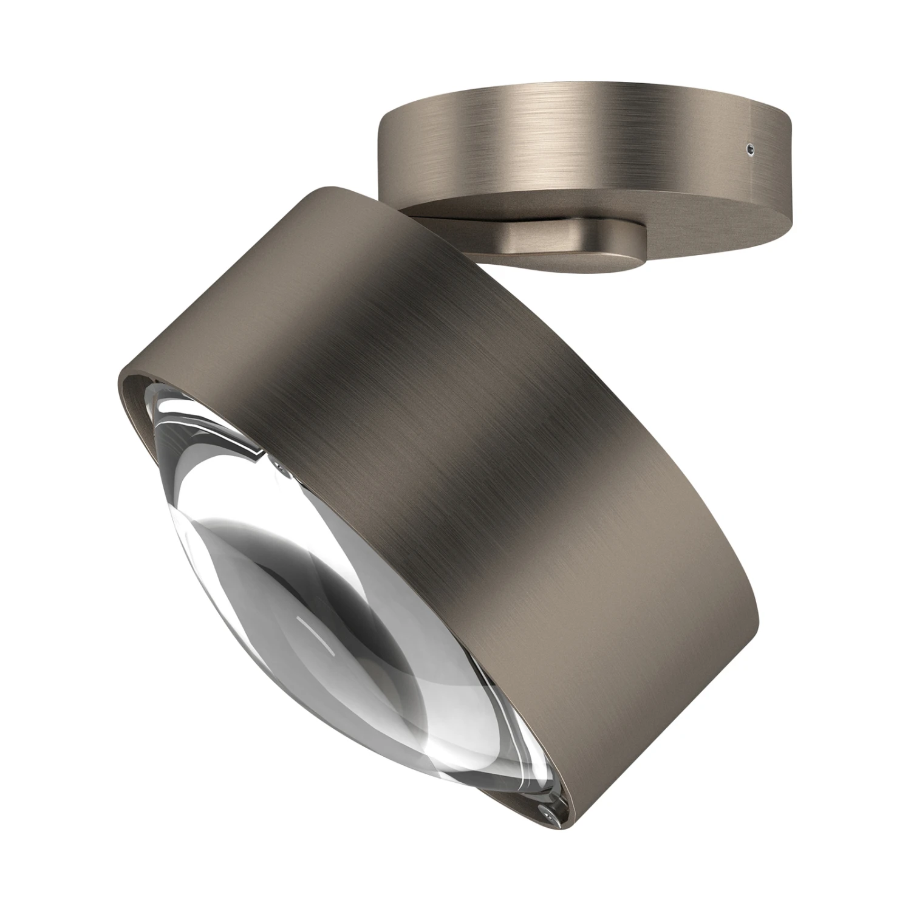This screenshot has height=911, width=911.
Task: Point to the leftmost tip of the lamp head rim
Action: [117, 389]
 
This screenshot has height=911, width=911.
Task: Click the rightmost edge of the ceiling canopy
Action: [793, 164]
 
